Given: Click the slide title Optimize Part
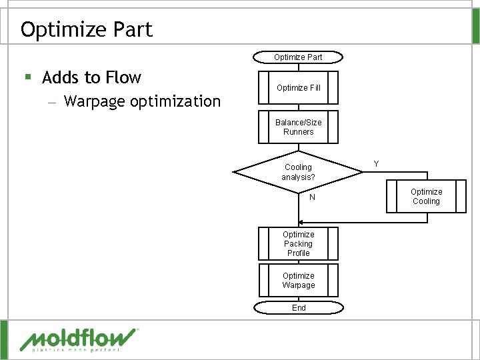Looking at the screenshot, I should [87, 29].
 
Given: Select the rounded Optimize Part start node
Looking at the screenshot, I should [298, 57].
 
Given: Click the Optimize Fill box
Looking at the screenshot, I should [298, 88].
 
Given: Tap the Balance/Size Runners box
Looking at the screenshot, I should [298, 127].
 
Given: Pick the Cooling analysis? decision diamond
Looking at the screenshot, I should [298, 172].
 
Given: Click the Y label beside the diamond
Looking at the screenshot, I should [377, 163].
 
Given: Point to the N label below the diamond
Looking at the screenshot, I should [312, 198].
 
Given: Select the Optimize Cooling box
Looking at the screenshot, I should [426, 197].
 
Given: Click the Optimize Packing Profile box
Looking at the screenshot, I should [298, 243].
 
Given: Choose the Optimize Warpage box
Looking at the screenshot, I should [298, 280].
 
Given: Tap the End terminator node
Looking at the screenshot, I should [299, 307].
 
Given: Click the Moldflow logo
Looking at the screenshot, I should [79, 338].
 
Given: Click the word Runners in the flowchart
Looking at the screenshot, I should [298, 132].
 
